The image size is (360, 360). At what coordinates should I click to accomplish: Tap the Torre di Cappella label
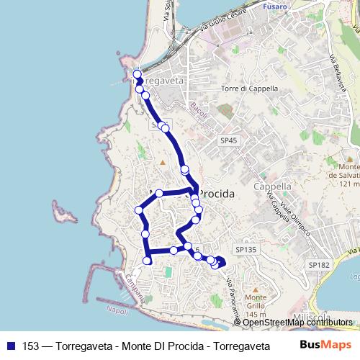coord(249,89)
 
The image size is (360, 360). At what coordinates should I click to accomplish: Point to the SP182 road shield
coord(318,266)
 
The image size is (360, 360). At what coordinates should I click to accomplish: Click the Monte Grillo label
coord(256,302)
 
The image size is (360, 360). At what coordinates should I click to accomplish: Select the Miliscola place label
coord(312,318)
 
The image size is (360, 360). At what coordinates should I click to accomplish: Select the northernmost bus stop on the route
coord(137,73)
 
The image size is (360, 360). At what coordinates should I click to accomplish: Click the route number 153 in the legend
coord(32,346)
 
